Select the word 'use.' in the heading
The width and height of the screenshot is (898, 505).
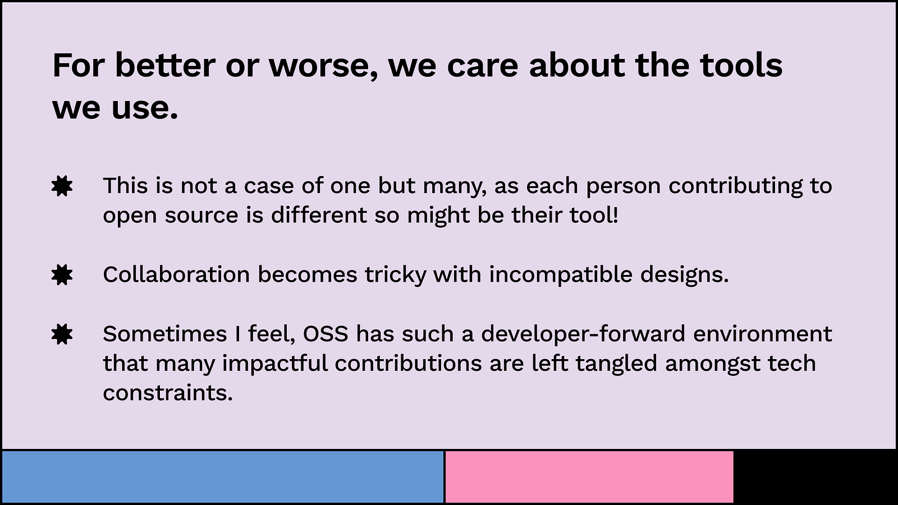coord(145,108)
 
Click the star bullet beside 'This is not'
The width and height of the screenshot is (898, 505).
coord(62,186)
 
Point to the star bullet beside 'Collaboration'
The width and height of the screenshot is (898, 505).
coord(62,274)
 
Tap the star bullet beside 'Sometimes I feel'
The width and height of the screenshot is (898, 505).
coord(62,334)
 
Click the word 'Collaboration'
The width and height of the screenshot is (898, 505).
coord(176,274)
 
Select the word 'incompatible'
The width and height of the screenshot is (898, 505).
coord(561,276)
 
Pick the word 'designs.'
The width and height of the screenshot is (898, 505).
coord(684,276)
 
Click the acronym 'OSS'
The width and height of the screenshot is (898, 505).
coord(326,334)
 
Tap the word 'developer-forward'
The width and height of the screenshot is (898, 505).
coord(583,334)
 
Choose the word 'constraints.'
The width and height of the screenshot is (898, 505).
coord(168,393)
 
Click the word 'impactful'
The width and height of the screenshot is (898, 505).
coord(275,364)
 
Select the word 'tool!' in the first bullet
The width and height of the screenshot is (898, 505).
coord(594,215)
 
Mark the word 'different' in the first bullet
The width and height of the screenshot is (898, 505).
coord(319,215)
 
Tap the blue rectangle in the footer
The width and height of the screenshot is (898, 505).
coord(223,476)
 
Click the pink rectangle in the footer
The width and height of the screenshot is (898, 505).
coord(589,476)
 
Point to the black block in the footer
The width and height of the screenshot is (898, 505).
coord(814,476)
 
